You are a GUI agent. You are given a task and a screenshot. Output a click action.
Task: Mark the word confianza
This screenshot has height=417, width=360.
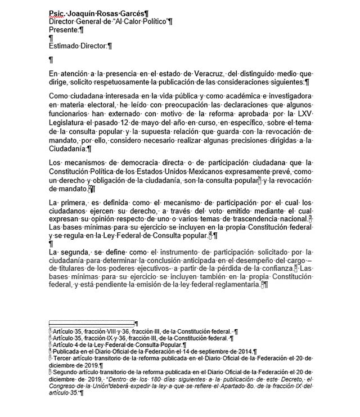tap(277, 269)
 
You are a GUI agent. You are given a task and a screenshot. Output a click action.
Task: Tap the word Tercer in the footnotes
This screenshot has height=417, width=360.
tap(64, 358)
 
